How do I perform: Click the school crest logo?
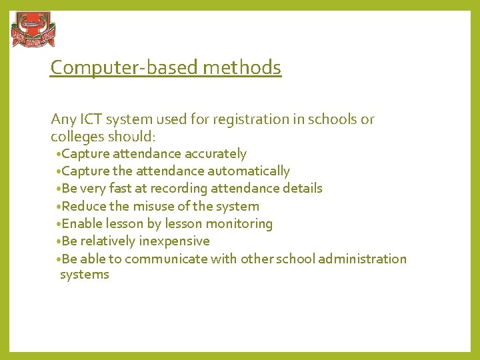point(33,31)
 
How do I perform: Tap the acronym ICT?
point(87,120)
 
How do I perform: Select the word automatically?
point(249,171)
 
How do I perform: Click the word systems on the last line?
point(84,275)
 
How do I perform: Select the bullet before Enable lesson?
point(59,223)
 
